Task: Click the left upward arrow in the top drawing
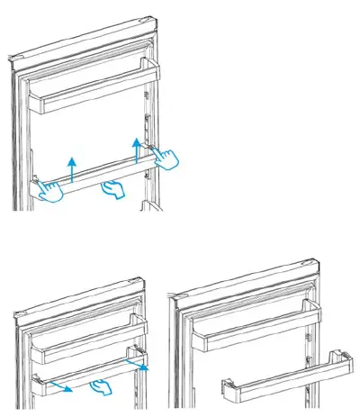[x=71, y=166]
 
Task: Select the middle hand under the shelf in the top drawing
[x=112, y=188]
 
